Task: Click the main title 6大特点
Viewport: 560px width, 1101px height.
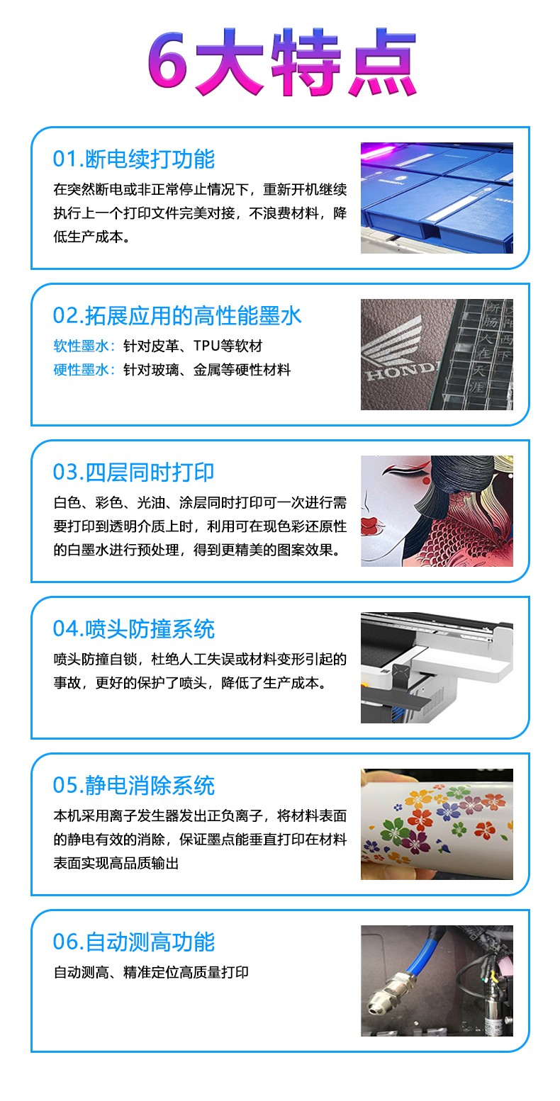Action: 281,62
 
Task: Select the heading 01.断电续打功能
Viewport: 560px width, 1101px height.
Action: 134,159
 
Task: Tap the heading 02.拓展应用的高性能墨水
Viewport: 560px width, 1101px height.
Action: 177,315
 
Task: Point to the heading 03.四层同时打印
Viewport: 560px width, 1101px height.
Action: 134,473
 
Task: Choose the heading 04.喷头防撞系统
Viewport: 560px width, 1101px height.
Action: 134,629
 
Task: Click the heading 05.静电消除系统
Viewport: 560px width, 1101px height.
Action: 134,786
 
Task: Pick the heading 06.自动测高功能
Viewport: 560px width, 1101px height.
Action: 134,942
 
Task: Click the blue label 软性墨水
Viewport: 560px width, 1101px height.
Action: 81,346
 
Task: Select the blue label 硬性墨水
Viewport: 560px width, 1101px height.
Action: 81,370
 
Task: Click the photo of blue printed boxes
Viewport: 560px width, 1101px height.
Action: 437,198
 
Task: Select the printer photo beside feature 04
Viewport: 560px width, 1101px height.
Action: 437,667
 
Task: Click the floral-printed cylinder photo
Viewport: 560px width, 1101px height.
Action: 437,824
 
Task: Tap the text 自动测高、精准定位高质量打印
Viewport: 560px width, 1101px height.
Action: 151,972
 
